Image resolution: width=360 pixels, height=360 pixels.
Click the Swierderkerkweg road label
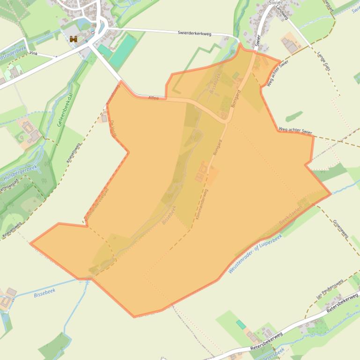[195, 33]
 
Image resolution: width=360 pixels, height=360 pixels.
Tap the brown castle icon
[73, 39]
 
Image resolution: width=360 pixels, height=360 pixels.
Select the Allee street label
[154, 98]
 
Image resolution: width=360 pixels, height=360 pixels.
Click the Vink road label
[33, 53]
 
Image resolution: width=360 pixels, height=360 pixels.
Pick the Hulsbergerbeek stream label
[20, 173]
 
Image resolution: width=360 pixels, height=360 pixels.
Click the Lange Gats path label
[323, 61]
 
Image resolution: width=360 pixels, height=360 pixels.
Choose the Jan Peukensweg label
[330, 289]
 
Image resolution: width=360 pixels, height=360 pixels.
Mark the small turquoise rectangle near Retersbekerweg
[241, 324]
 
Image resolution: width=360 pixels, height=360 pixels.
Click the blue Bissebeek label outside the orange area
[44, 293]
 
